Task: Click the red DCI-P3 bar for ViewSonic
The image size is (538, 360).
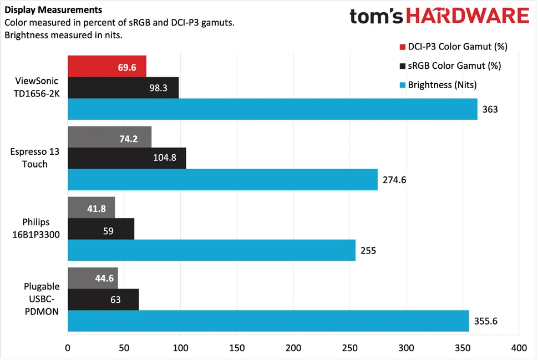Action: point(106,66)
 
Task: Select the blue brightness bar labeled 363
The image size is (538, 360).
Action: point(272,109)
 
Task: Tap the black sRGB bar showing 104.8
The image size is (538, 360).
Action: point(126,158)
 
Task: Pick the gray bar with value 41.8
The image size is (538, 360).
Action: point(91,207)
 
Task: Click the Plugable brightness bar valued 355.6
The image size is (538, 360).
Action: point(268,321)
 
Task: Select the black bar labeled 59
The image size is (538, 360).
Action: point(100,229)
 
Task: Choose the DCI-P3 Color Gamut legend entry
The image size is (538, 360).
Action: point(453,46)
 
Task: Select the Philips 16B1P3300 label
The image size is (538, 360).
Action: point(35,228)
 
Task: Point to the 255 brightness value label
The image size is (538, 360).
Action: point(368,250)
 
